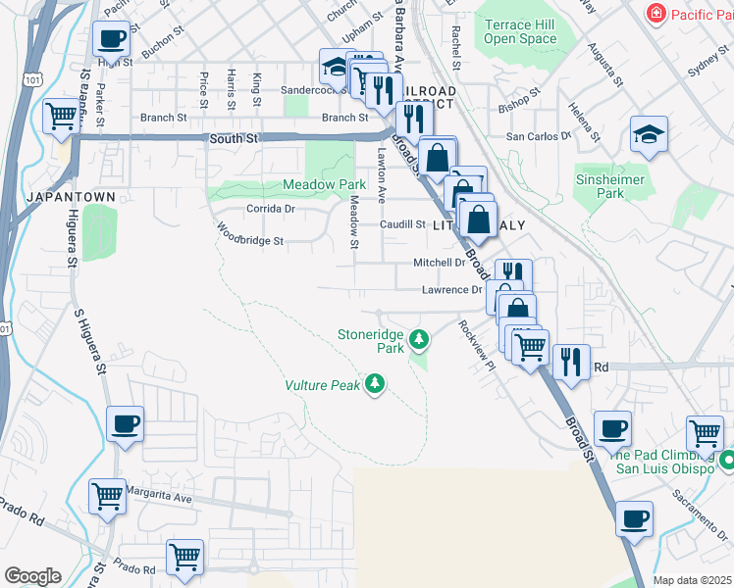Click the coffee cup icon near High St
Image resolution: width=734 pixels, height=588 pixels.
(110, 40)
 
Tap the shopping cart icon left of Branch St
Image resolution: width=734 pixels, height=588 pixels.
(61, 117)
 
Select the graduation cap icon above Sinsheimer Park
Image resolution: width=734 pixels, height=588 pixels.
(649, 133)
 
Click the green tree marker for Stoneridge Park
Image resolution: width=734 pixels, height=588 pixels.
(419, 340)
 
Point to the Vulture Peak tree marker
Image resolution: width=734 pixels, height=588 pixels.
(374, 384)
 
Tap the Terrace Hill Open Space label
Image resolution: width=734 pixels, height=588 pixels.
(520, 32)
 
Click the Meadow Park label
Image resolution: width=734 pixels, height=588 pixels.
(324, 184)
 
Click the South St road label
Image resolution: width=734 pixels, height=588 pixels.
(233, 139)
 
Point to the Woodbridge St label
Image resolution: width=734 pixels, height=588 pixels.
(250, 236)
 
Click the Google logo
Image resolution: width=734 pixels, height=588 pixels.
(32, 576)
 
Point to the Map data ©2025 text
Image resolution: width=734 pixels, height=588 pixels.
(692, 580)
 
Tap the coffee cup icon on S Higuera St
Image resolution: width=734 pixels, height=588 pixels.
(126, 424)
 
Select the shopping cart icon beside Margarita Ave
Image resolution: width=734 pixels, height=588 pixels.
(107, 496)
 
